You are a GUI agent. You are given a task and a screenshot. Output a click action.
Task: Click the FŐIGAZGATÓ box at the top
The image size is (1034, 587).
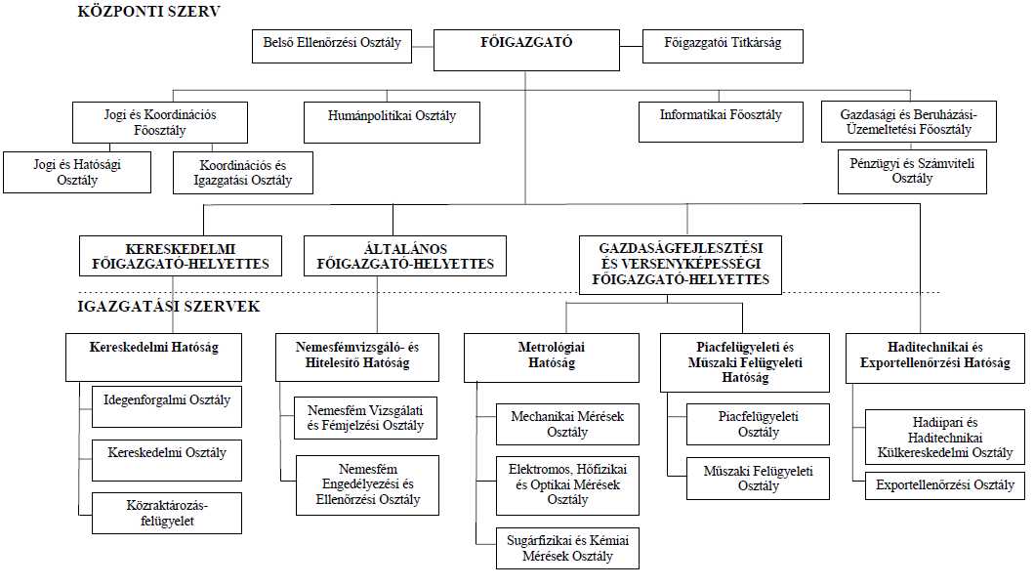tap(526, 50)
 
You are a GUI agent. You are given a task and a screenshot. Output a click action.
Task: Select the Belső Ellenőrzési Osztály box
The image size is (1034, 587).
tap(332, 46)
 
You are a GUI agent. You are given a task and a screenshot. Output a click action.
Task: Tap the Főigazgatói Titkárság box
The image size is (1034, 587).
tap(723, 46)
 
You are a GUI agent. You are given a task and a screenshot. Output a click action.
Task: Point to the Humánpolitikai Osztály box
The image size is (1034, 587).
tap(392, 122)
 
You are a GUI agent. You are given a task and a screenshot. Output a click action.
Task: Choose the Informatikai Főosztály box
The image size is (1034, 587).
tap(721, 121)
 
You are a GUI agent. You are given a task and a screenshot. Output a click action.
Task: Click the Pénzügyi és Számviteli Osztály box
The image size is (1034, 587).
tap(912, 172)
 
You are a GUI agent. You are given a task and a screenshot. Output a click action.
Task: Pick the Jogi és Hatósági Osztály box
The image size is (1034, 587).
tap(77, 172)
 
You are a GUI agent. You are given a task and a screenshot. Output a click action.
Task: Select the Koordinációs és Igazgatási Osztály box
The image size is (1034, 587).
tap(243, 173)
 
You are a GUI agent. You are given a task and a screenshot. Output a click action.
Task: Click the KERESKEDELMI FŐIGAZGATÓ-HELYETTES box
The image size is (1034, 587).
tap(181, 256)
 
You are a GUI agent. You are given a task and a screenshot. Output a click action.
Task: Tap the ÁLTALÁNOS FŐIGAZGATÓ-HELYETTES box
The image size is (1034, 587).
tap(405, 256)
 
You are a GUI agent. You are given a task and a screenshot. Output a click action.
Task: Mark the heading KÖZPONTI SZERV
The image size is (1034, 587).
tap(149, 11)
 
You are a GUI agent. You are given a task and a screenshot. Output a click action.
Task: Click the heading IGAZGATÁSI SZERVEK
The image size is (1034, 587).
tap(169, 306)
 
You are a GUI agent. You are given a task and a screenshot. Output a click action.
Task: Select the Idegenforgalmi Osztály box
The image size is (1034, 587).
tap(167, 407)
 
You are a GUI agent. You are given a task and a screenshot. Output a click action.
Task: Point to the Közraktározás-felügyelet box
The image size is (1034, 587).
tap(167, 513)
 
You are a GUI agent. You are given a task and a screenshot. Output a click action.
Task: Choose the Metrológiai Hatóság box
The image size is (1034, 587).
tap(552, 357)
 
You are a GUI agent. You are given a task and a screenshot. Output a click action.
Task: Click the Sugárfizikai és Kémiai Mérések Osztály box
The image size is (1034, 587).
tap(568, 548)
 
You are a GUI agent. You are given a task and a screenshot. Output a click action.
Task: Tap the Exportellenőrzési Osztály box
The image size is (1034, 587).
tap(945, 485)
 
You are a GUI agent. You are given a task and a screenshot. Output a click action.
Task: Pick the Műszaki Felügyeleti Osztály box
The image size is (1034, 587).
tap(758, 479)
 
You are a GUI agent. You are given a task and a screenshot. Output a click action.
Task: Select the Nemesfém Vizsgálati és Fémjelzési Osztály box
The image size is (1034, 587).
tap(365, 418)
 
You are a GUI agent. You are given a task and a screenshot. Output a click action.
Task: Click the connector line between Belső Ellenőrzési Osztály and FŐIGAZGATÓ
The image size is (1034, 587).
tap(423, 47)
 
